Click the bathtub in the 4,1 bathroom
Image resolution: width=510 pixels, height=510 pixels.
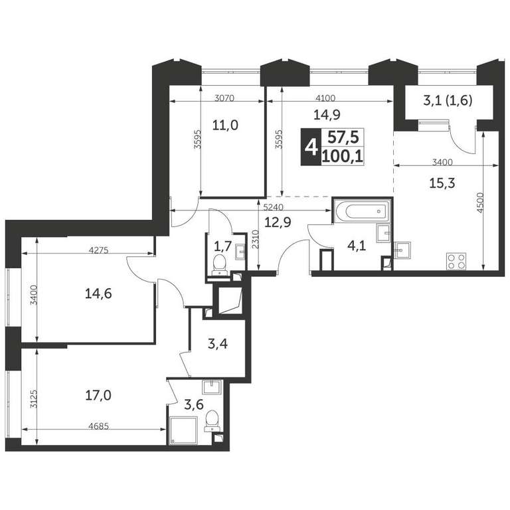pos(361,211)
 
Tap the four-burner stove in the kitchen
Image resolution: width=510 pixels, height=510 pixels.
pos(456,261)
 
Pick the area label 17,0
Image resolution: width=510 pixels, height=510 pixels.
pos(98,396)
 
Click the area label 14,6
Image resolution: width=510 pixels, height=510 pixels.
pos(98,294)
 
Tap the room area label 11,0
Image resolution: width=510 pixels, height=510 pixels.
pos(225,125)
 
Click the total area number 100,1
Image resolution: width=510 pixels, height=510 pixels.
pos(343,157)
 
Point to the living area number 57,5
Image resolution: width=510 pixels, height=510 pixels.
pos(343,137)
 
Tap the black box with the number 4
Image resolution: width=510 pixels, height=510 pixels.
pos(311,147)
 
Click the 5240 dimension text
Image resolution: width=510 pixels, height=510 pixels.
pos(274,207)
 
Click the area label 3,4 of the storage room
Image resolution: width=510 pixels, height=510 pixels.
pos(218,344)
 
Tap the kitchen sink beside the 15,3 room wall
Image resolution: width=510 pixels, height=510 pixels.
pos(402,250)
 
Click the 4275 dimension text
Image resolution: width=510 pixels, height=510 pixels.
pos(98,250)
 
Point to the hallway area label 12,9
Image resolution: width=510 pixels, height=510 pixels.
pos(278,222)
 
